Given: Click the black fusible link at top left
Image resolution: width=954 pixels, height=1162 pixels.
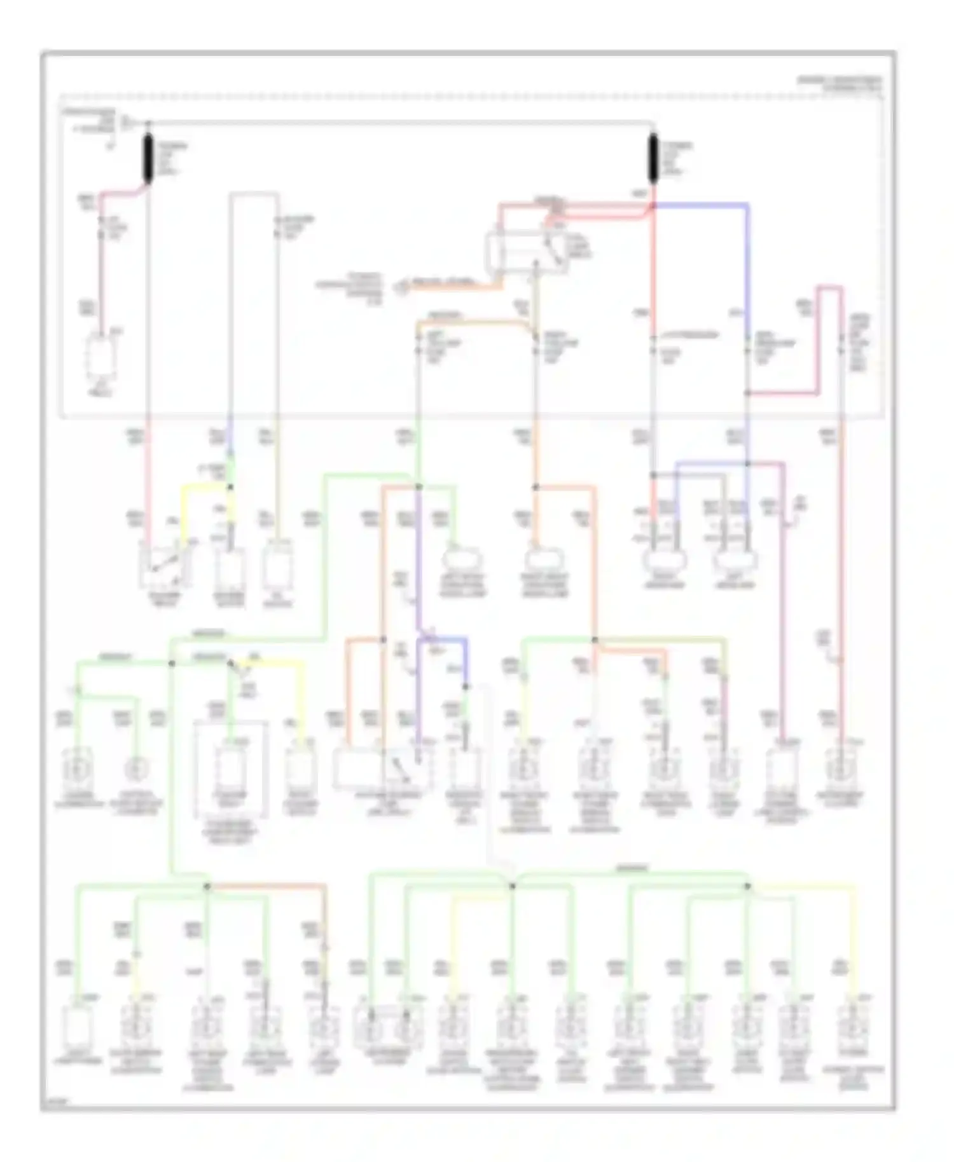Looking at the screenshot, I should tap(148, 159).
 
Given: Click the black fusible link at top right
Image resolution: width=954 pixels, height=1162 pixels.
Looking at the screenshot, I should tap(653, 158).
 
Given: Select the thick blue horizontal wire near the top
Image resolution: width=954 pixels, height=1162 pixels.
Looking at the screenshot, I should tap(700, 205).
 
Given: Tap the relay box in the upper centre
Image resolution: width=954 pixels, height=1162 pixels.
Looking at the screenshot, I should tap(527, 254).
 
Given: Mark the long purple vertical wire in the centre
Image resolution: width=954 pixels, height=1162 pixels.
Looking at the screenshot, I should tap(418, 559).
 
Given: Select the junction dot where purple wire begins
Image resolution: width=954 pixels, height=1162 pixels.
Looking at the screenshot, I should tap(418, 488).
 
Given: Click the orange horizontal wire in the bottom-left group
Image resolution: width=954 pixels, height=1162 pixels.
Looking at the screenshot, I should tap(267, 885).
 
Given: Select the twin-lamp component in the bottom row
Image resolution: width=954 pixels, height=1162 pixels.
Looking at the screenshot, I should tap(389, 1025).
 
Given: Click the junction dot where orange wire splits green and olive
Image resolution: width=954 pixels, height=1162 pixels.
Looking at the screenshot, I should tap(595, 639).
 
